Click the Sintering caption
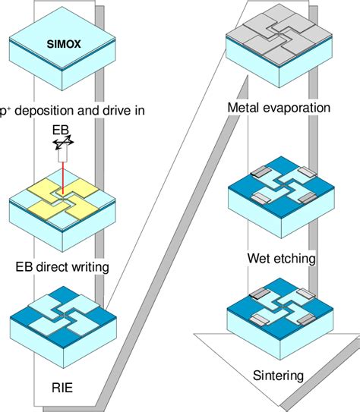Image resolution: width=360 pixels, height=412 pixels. click(278, 375)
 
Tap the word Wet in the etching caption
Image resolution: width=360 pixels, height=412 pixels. click(259, 259)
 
